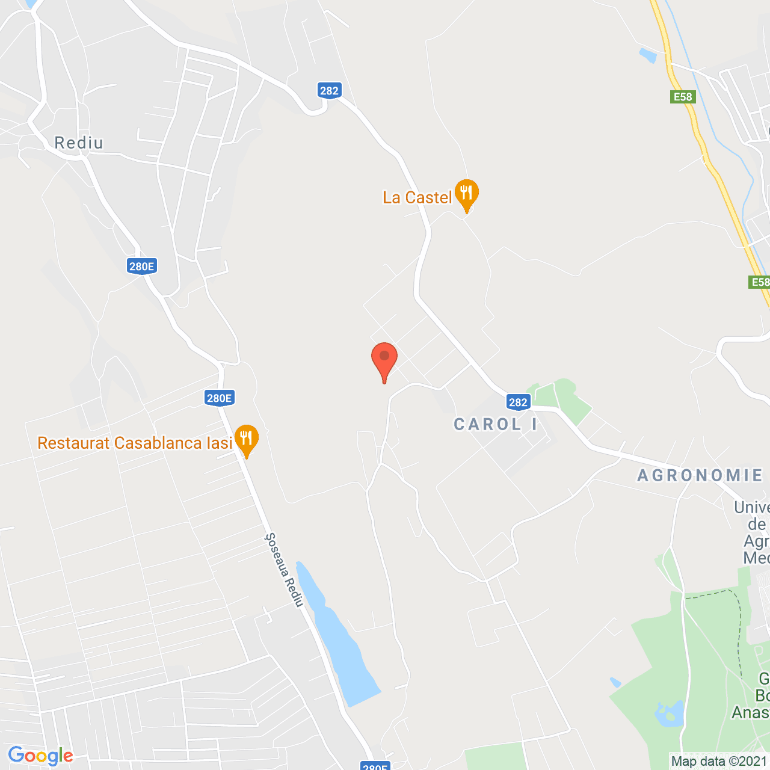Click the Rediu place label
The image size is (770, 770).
coord(79,143)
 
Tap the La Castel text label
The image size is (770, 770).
coord(417,198)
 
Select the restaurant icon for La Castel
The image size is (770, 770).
coord(466,194)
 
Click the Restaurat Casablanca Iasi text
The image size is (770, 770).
coord(135,443)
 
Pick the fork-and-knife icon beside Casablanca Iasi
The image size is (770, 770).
coord(246,439)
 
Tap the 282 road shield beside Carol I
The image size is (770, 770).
coord(518,402)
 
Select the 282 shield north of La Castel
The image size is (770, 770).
coord(329,91)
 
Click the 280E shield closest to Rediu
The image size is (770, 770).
coord(142,266)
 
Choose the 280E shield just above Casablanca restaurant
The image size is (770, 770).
coord(219,398)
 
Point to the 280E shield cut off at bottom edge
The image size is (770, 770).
coord(375,766)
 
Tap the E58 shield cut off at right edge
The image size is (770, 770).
coord(760,282)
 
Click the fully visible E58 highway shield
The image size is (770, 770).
coord(683,97)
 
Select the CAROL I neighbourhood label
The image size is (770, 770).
coord(495,425)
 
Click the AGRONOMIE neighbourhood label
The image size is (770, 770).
coord(700,476)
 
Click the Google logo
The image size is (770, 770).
coord(40,756)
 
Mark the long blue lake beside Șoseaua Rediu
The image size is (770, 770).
coord(340,638)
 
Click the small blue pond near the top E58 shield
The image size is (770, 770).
coord(647,55)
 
